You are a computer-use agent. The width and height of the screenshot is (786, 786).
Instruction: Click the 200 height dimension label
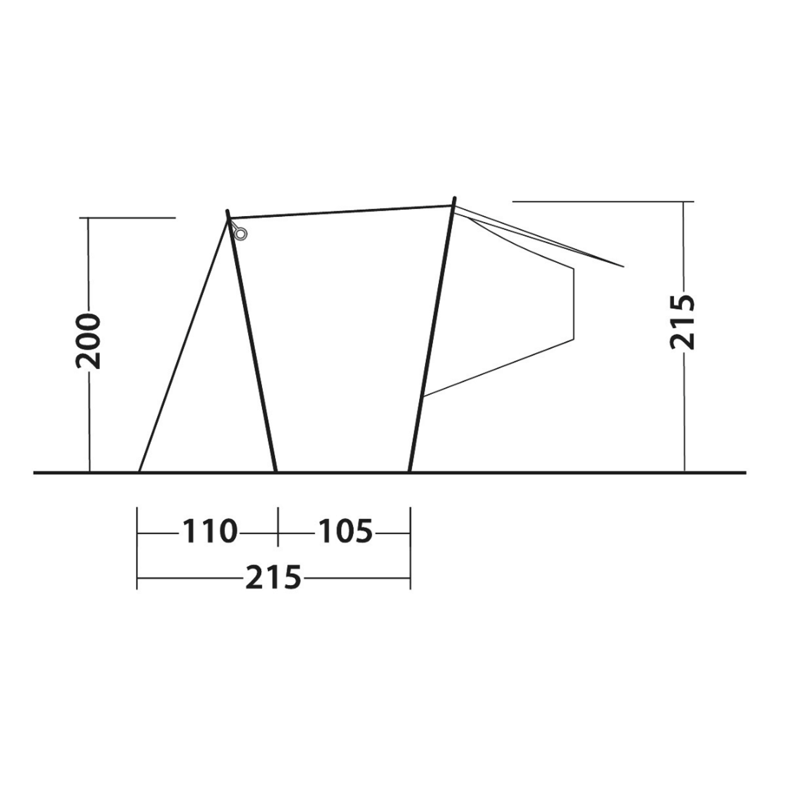click(x=88, y=341)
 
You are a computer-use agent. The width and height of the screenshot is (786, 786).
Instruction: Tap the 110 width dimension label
click(x=209, y=531)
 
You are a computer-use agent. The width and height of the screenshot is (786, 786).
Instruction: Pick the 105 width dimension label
click(x=346, y=531)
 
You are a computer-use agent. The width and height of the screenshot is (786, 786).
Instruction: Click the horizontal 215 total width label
click(x=273, y=577)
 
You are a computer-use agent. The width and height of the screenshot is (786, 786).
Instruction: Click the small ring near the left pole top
click(x=241, y=234)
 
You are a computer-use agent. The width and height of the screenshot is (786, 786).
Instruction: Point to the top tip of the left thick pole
click(x=227, y=210)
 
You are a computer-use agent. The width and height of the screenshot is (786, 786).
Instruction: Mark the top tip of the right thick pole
click(x=454, y=198)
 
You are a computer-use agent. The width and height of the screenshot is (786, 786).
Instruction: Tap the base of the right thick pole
click(x=409, y=471)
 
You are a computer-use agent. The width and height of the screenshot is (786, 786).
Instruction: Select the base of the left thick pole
click(x=276, y=471)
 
